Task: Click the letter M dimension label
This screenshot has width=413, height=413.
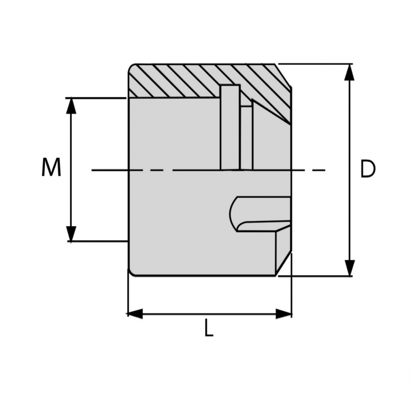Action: [51, 168]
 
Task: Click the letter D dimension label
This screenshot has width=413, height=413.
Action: [368, 169]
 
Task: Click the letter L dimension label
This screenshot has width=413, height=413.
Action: [208, 330]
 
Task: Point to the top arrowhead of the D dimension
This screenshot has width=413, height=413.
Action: [349, 72]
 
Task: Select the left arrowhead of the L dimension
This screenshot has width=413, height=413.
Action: [135, 314]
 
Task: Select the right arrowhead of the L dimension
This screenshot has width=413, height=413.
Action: [284, 314]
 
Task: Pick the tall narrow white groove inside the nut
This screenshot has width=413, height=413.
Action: [229, 127]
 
